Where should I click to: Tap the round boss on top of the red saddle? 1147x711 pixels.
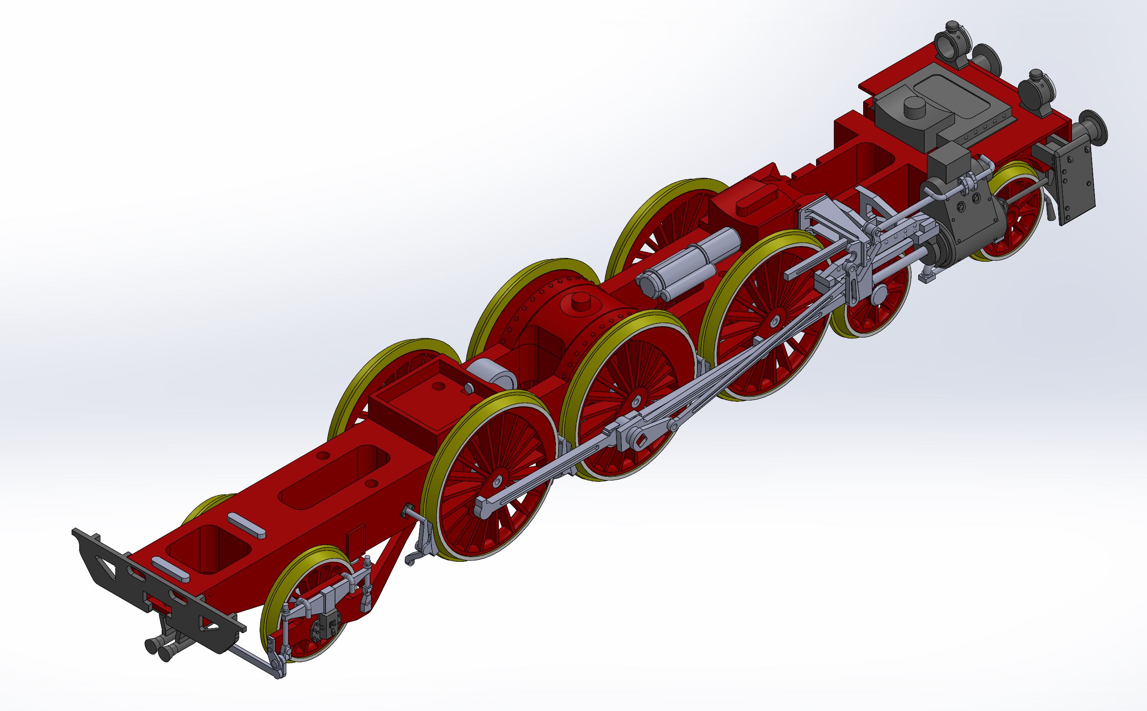[576, 300]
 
